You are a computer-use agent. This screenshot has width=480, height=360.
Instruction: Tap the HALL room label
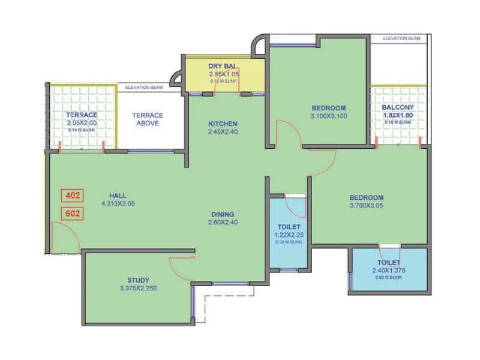point(118,196)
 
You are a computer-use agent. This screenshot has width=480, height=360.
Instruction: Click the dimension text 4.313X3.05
point(118,204)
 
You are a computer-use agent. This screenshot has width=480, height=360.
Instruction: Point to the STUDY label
point(138,280)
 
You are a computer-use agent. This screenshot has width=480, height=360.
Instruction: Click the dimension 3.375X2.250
point(138,289)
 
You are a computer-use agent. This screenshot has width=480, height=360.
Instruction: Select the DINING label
point(222,214)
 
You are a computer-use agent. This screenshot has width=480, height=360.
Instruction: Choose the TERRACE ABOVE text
point(148,119)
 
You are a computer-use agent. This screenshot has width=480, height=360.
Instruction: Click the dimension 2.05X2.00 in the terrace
point(82,123)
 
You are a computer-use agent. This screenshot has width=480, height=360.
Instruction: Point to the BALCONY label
point(398,108)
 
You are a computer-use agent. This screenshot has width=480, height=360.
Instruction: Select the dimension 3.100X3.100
point(329,116)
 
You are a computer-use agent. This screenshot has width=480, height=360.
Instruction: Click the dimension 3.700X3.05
point(366,205)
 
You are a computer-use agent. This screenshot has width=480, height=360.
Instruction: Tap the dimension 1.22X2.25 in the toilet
point(289,235)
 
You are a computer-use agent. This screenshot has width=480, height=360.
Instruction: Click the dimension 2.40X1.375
point(389,271)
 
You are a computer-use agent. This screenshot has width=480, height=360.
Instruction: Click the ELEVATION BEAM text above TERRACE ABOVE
point(144,88)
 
